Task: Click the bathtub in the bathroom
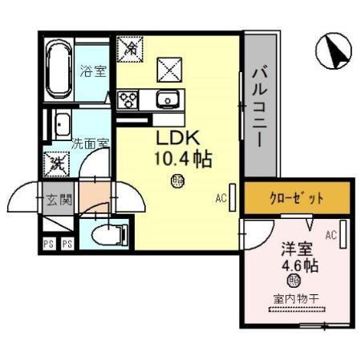coord(57,67)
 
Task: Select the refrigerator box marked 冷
coord(129,48)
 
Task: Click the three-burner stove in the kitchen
coord(128,99)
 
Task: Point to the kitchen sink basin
coord(169,99)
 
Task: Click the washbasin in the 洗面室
coord(60,125)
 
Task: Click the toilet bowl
coord(109,233)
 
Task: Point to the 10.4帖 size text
coord(183,159)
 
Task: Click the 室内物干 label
coord(294,300)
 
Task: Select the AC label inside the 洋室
coord(331,234)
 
